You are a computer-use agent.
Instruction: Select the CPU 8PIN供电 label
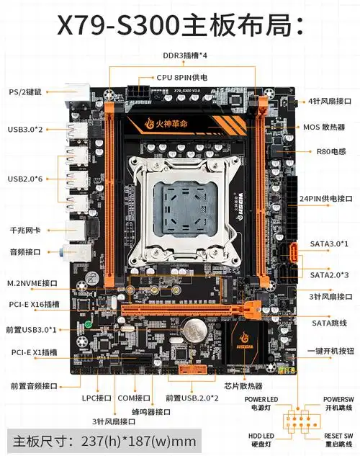coord(182,77)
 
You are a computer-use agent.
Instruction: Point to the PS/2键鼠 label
coord(25,92)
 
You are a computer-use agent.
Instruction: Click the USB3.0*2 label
coord(25,129)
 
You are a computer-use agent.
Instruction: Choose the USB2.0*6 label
coord(25,178)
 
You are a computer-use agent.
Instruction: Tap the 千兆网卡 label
coord(24,230)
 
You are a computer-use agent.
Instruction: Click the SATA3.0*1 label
coord(329,243)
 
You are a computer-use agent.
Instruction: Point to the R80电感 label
coord(331,151)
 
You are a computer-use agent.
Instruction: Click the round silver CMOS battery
coord(194,331)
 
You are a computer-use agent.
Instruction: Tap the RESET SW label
coord(338,436)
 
